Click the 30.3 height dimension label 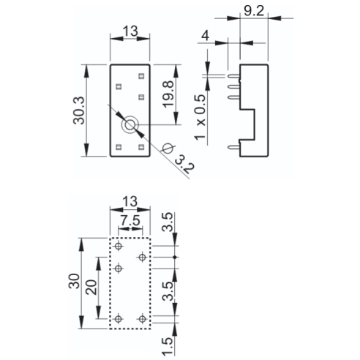79,110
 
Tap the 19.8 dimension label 168,94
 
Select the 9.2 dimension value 254,11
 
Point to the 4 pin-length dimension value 205,36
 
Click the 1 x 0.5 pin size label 200,117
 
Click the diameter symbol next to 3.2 168,148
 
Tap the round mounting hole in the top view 130,125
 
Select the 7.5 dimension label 130,221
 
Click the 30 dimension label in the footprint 74,281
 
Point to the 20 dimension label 91,287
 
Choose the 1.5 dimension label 168,347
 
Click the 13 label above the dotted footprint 130,202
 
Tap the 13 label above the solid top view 130,31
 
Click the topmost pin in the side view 233,76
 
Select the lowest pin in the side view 233,147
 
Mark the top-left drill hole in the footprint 119,246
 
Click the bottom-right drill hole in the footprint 142,319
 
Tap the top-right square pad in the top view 141,76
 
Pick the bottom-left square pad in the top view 119,147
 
